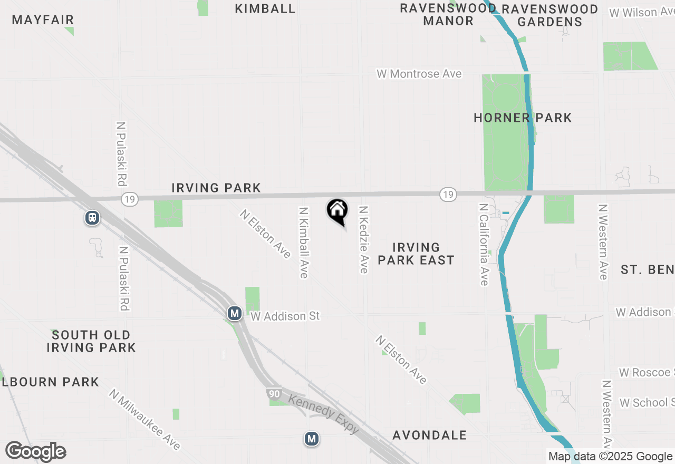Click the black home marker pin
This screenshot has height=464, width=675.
(337, 211)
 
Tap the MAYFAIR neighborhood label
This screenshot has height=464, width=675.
(43, 20)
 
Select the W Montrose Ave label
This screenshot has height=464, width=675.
(419, 74)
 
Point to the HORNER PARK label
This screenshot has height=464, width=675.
(523, 118)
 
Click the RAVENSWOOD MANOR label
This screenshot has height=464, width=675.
(448, 14)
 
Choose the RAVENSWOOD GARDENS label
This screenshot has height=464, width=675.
(550, 15)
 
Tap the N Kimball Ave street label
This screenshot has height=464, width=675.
(303, 242)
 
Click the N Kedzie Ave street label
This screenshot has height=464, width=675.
(363, 239)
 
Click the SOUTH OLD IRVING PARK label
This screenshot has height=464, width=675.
(91, 341)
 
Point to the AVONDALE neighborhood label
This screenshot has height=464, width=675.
(430, 435)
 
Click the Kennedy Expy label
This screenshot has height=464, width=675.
(324, 413)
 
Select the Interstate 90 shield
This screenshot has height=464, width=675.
(273, 394)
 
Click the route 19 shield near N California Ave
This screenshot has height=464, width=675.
(448, 195)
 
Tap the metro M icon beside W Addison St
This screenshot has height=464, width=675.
(235, 314)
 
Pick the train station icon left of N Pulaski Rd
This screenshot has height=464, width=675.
(92, 218)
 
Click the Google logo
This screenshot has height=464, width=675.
(36, 452)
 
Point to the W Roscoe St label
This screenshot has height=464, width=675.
(647, 372)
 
